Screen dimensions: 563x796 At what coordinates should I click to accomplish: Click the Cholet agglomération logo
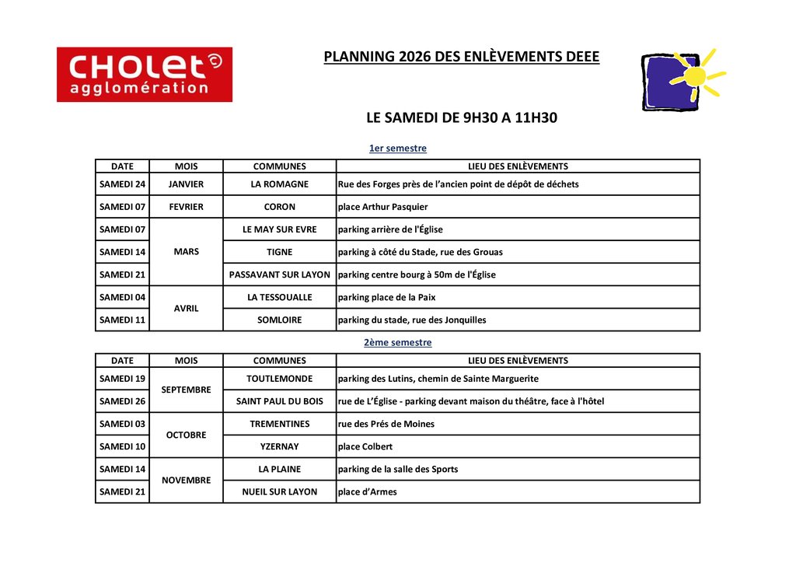coord(145,75)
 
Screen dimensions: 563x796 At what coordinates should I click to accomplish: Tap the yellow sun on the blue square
coord(695,76)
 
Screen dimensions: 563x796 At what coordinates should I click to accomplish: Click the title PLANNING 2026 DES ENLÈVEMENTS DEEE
coord(462,57)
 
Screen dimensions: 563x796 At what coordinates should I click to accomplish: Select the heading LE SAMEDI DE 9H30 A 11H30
coord(462,118)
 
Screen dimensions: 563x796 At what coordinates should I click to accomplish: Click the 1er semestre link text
coord(397,148)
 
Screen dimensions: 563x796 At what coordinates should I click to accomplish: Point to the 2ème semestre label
coord(397,342)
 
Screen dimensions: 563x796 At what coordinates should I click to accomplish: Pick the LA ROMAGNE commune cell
coord(279,184)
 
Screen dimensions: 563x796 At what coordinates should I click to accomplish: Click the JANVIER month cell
coord(186,184)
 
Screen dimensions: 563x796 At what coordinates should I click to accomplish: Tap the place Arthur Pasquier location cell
coord(382,207)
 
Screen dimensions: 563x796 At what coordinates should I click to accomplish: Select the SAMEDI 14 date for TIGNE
coord(122,252)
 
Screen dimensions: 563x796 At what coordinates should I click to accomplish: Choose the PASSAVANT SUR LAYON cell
coord(279,275)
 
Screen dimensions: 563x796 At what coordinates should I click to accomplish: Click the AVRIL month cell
coord(186,308)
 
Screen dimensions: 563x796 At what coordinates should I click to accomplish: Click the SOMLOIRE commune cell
coord(279,320)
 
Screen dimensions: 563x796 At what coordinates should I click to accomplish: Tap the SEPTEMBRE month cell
coord(186,390)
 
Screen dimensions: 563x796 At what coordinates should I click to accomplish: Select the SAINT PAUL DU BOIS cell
coord(279,401)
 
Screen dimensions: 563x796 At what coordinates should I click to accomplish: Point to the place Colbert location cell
coord(365,446)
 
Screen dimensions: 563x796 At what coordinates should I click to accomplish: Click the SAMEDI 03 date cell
coord(122,424)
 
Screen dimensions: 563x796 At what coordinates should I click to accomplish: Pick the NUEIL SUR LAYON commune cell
coord(279,491)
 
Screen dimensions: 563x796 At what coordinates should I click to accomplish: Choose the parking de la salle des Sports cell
coord(398,469)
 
